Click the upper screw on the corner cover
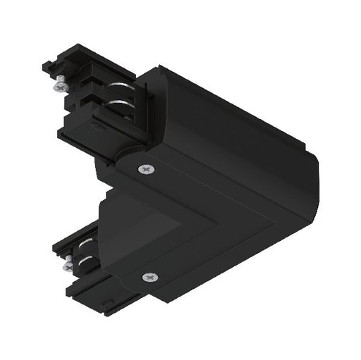pos(145,168)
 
